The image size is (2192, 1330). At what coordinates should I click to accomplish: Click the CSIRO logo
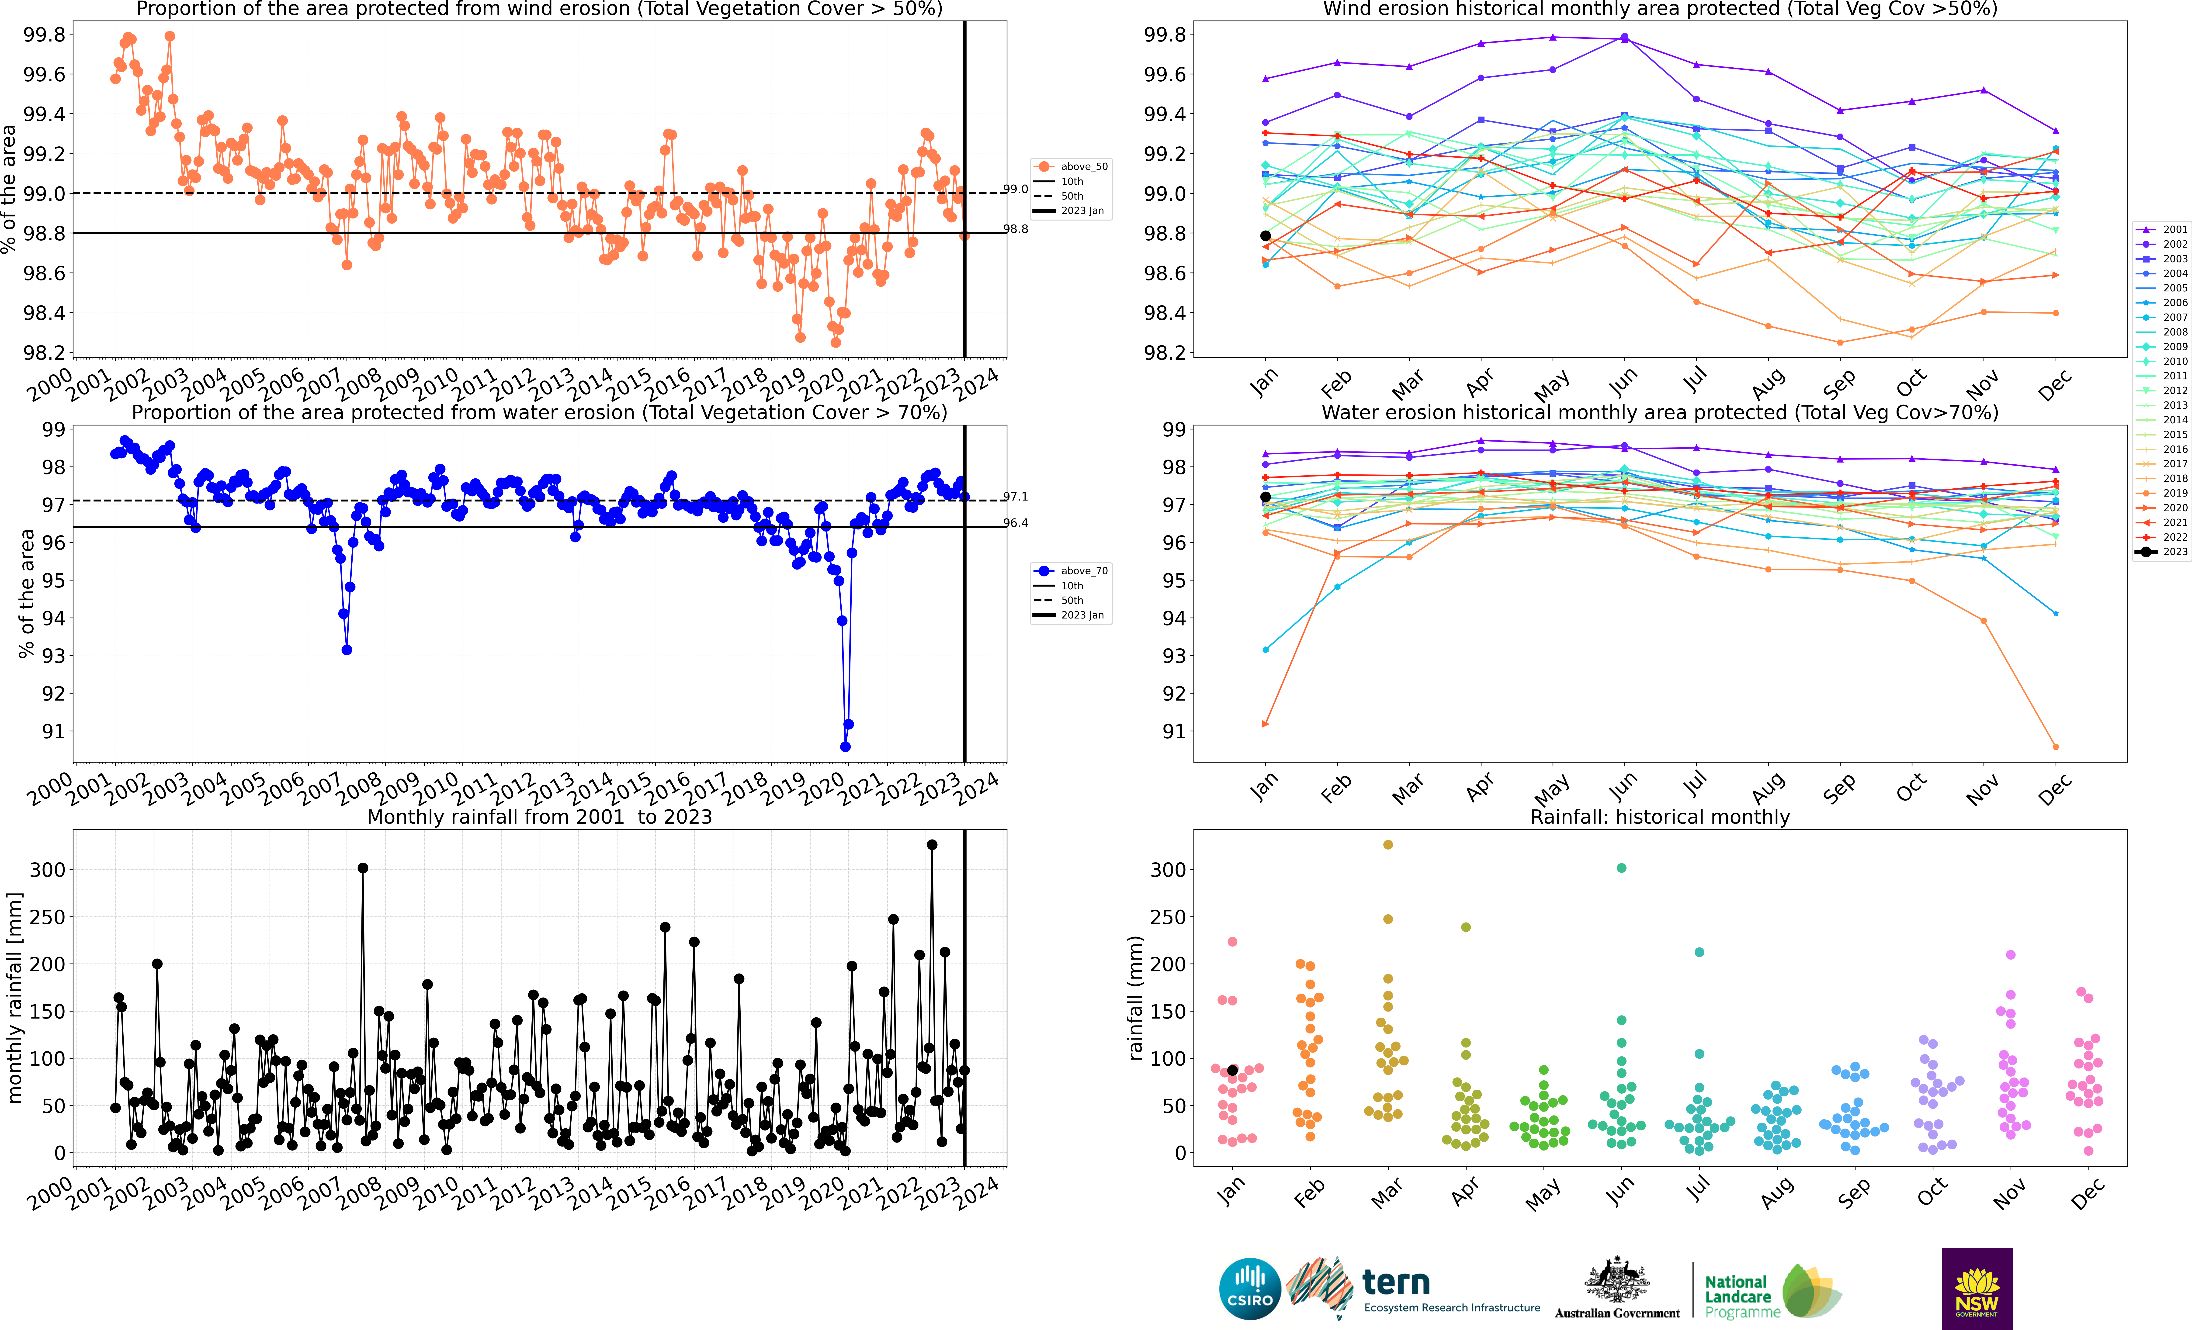[x=1250, y=1288]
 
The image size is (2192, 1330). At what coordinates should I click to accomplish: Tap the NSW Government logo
[x=1977, y=1288]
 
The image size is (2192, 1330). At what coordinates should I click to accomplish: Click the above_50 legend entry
[x=1072, y=166]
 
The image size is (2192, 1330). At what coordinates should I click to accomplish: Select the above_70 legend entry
[x=1072, y=571]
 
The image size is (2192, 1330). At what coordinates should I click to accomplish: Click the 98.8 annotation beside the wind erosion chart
[x=1016, y=229]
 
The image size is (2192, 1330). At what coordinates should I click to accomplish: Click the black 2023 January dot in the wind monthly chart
[x=1265, y=236]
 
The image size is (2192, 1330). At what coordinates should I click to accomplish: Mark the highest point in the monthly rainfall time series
[x=931, y=845]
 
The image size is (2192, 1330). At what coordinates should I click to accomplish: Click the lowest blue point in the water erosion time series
[x=845, y=746]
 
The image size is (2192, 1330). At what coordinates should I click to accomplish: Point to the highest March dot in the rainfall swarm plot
[x=1388, y=844]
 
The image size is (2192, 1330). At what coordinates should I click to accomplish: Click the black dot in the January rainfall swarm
[x=1232, y=1070]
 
